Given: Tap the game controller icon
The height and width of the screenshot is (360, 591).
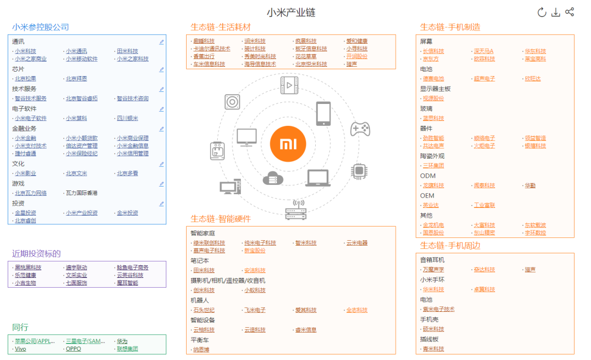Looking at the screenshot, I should [x=360, y=129].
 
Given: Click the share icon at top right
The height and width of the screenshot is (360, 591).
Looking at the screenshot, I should [x=570, y=12].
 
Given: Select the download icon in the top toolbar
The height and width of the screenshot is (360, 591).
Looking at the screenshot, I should [x=555, y=12].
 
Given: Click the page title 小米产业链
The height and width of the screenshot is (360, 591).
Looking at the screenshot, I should [x=291, y=12].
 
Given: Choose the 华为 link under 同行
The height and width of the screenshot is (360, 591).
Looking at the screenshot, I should [x=121, y=341].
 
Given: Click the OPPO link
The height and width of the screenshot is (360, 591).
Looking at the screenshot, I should [x=73, y=349].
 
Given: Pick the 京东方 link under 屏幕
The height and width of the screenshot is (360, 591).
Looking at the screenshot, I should [x=430, y=59].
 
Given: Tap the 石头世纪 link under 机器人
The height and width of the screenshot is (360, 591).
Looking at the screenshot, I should [x=204, y=310].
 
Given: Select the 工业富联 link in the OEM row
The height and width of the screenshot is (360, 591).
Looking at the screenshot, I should [x=484, y=205].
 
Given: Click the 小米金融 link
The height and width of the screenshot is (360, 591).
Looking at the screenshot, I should [x=25, y=138].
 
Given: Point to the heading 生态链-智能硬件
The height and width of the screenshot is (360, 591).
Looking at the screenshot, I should [x=221, y=219].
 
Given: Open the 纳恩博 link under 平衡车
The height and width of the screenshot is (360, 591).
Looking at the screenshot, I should [x=201, y=350].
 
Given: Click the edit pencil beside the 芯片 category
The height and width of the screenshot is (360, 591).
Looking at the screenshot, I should [x=161, y=69].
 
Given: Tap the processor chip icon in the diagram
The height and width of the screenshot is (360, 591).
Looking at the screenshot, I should [x=359, y=171].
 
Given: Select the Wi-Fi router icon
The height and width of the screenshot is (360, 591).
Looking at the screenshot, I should [x=296, y=210].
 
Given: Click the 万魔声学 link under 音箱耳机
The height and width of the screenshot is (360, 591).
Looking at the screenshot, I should [x=433, y=270].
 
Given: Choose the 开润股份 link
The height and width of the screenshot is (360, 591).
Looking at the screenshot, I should [x=357, y=56].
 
